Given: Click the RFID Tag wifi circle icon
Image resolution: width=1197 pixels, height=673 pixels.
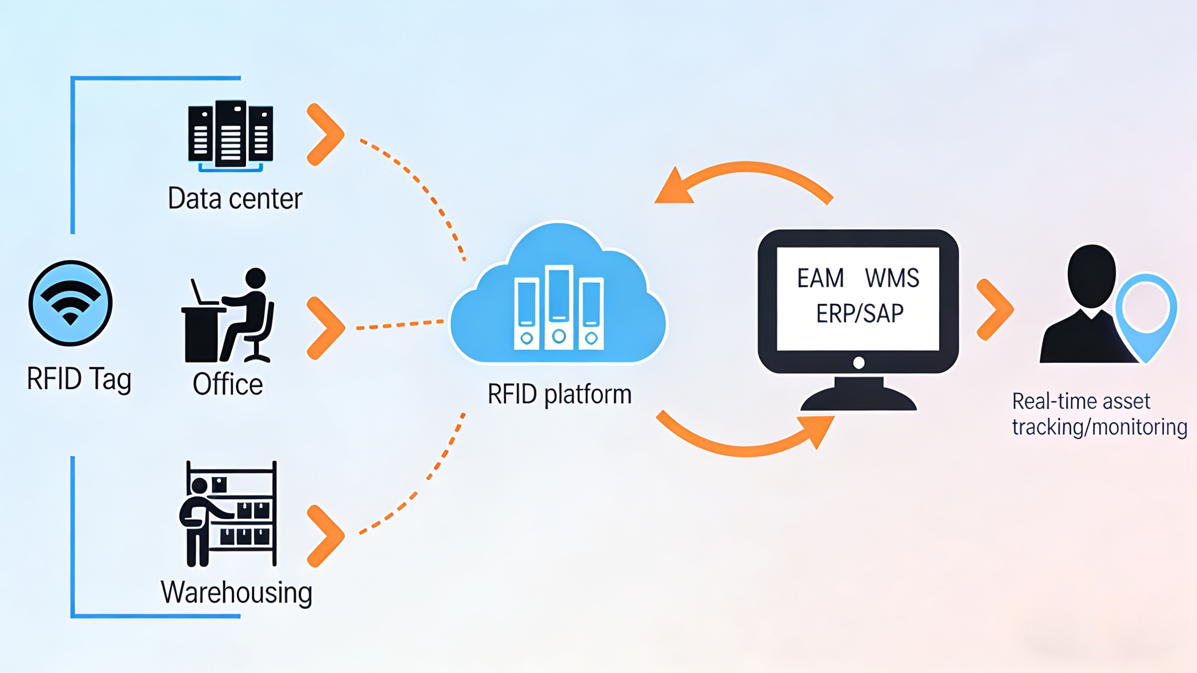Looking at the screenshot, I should click(70, 303).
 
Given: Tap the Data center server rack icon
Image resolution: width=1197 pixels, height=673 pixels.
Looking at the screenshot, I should click(231, 135).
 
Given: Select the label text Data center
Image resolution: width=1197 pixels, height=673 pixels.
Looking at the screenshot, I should click(235, 199).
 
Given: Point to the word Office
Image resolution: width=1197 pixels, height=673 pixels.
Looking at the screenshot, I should click(228, 384).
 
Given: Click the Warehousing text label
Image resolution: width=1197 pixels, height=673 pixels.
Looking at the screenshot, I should click(236, 593).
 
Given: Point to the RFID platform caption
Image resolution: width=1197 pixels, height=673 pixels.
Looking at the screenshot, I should click(559, 394).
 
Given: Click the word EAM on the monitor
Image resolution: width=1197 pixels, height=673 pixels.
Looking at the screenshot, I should click(820, 278).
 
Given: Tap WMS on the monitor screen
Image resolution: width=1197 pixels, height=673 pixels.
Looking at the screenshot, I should click(892, 278).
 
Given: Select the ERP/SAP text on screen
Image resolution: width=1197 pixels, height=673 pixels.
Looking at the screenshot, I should click(860, 313).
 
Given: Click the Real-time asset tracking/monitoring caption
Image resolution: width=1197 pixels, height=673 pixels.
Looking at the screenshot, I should click(1099, 413).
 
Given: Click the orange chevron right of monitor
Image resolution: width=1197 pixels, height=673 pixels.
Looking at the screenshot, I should click(995, 310).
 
